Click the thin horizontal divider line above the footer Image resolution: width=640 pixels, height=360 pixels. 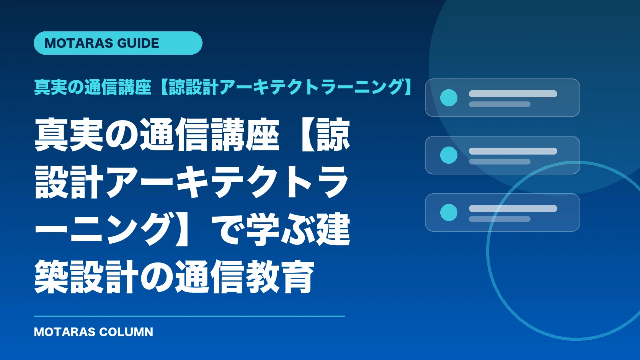click(189, 316)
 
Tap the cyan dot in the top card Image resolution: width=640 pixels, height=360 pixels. click(449, 98)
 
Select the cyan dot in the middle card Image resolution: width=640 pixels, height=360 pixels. click(449, 155)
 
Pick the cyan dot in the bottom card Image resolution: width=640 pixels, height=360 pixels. click(449, 212)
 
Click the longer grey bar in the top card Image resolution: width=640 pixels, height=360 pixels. click(513, 94)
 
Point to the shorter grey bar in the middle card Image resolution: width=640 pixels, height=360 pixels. click(500, 161)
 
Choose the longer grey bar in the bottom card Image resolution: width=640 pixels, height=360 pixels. click(513, 209)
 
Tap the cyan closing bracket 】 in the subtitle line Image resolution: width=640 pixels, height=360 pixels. click(408, 87)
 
